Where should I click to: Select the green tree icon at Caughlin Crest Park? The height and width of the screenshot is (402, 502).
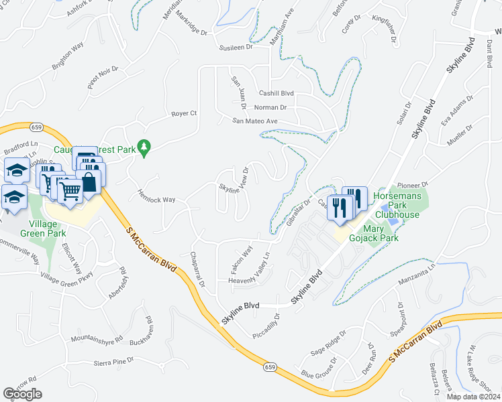[x=143, y=147]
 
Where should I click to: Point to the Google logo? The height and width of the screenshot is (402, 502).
[x=22, y=394]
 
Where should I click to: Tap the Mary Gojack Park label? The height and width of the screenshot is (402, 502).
[x=371, y=233]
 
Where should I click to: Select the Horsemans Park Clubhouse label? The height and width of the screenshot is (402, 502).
[x=397, y=205]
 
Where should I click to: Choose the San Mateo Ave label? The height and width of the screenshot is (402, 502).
[x=255, y=121]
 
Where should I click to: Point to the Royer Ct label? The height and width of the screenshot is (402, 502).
[x=183, y=113]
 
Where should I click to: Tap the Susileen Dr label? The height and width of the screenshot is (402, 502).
[x=235, y=48]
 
